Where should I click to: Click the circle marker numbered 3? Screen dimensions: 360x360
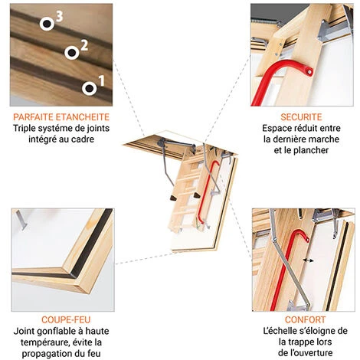[x=47, y=24]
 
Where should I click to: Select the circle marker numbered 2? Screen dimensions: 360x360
[x=72, y=53]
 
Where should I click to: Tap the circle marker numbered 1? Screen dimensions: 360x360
[x=89, y=88]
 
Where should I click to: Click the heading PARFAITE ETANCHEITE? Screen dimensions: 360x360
[x=61, y=117]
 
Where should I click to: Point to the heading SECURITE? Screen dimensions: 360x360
[x=301, y=117]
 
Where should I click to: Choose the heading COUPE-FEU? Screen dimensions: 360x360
[x=66, y=319]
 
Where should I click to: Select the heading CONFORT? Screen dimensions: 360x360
[x=306, y=319]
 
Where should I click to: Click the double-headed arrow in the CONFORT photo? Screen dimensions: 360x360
[x=308, y=260]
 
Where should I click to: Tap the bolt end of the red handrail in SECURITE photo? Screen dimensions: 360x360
[x=309, y=72]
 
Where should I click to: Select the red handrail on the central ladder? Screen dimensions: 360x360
[x=208, y=192]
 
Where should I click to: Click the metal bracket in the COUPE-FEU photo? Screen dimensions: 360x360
[x=21, y=220]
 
